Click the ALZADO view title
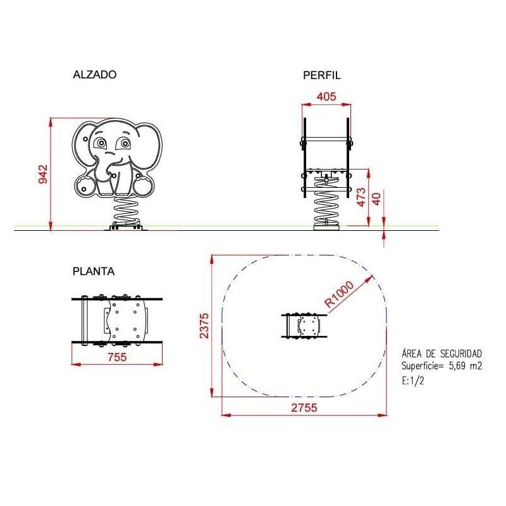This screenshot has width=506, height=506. coord(94,75)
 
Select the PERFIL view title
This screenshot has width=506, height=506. coord(322,75)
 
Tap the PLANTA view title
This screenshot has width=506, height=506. coord(94,271)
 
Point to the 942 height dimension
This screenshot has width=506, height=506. coord(43,175)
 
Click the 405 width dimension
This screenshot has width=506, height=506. coord(326,97)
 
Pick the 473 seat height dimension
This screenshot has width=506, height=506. coord(361,197)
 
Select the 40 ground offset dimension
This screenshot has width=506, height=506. coord(376,199)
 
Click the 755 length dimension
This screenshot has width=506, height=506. coord(117,357)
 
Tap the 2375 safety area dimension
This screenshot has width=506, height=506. coord(204,326)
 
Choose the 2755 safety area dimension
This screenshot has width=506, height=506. coord(304,407)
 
